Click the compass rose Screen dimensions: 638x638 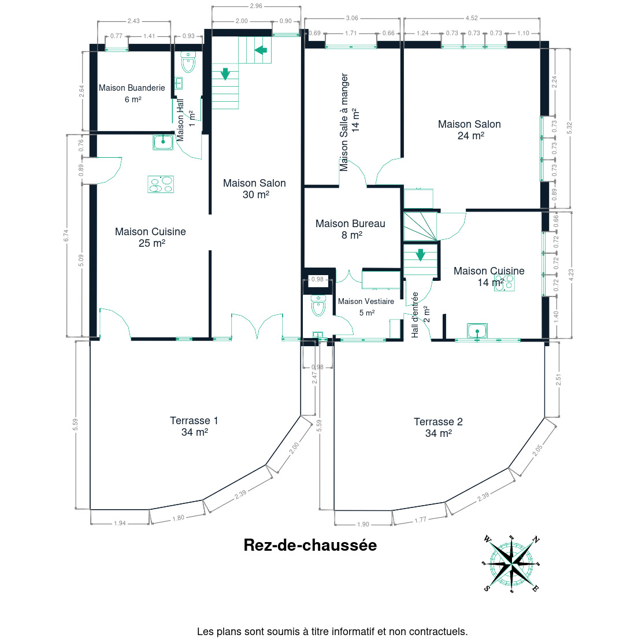click(x=511, y=563)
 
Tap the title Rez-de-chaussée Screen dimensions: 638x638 click(x=310, y=545)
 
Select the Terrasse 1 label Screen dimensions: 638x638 click(x=194, y=426)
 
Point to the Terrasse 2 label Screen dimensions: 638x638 click(x=438, y=427)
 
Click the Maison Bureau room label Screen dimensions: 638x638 click(x=350, y=229)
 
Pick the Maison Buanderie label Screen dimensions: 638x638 click(x=132, y=93)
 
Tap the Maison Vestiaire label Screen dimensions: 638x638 click(x=366, y=307)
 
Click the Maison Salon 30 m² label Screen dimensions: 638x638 click(x=255, y=189)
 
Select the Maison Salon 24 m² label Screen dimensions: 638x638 click(x=470, y=130)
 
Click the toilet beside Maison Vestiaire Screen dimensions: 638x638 click(x=318, y=306)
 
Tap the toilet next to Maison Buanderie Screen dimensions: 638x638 click(x=188, y=62)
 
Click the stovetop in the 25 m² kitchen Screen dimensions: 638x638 click(x=161, y=184)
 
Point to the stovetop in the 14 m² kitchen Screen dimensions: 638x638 click(x=505, y=283)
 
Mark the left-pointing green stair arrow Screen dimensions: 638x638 click(x=261, y=50)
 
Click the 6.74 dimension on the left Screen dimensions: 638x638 click(x=66, y=236)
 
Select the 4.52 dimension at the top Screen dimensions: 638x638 click(x=472, y=18)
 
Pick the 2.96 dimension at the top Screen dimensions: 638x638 click(x=256, y=6)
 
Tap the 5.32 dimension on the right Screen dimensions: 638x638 click(x=569, y=128)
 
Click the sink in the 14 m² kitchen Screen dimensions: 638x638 click(x=477, y=331)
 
